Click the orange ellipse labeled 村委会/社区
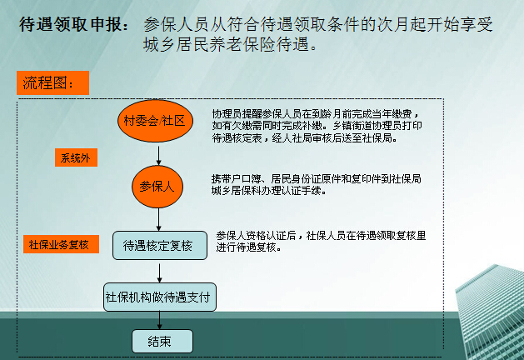coord(155,121)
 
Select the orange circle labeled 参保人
coord(157,187)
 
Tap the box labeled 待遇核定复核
coord(160,245)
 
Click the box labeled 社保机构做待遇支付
coord(160,297)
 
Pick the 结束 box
coord(162,342)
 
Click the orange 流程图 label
coord(52,82)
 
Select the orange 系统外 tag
coord(76,157)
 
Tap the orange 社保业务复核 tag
coord(61,244)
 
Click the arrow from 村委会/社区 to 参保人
coord(159,156)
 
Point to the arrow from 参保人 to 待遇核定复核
coord(159,219)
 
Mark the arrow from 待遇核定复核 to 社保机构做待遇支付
coord(159,273)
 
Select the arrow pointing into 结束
coord(159,320)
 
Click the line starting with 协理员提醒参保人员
coord(316,114)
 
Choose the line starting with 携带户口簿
coord(316,179)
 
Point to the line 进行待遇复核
coord(248,247)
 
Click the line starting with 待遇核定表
coord(305,137)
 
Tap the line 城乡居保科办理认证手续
coord(269,191)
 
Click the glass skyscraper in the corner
coord(490,312)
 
